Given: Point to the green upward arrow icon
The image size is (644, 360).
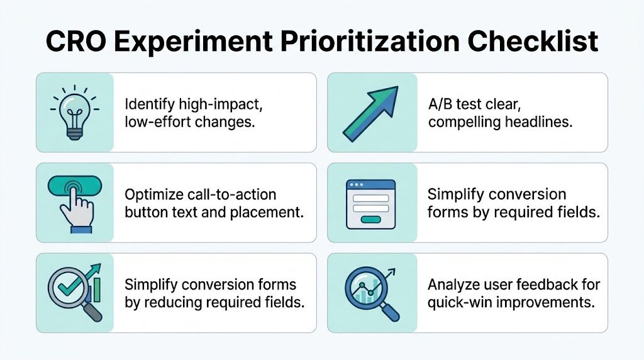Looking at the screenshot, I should (372, 112).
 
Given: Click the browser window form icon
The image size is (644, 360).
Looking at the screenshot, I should (371, 203).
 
